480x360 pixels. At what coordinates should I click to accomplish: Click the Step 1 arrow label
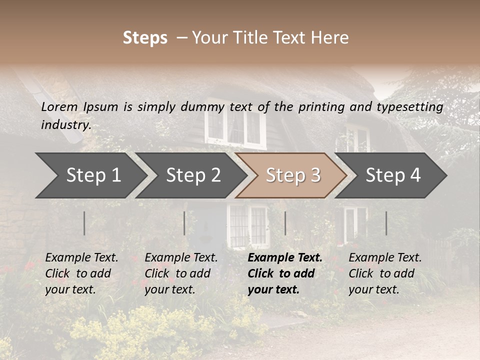[93, 175]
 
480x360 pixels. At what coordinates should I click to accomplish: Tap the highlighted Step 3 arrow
[293, 175]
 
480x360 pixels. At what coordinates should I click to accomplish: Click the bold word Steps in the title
[145, 38]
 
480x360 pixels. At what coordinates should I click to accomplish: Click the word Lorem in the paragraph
[59, 106]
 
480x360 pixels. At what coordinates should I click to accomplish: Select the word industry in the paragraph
[65, 124]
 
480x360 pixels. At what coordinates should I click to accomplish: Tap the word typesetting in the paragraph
[409, 106]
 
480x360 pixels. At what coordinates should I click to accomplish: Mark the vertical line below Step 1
[84, 223]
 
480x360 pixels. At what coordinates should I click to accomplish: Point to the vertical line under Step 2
[184, 223]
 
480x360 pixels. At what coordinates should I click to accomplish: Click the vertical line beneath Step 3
[285, 223]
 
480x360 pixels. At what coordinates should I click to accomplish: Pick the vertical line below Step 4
[386, 223]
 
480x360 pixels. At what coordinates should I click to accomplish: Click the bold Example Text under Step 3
[285, 258]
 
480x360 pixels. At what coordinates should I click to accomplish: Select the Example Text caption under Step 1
[81, 258]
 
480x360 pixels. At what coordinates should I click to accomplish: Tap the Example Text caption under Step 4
[385, 258]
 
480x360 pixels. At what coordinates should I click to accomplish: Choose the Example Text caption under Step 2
[181, 258]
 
